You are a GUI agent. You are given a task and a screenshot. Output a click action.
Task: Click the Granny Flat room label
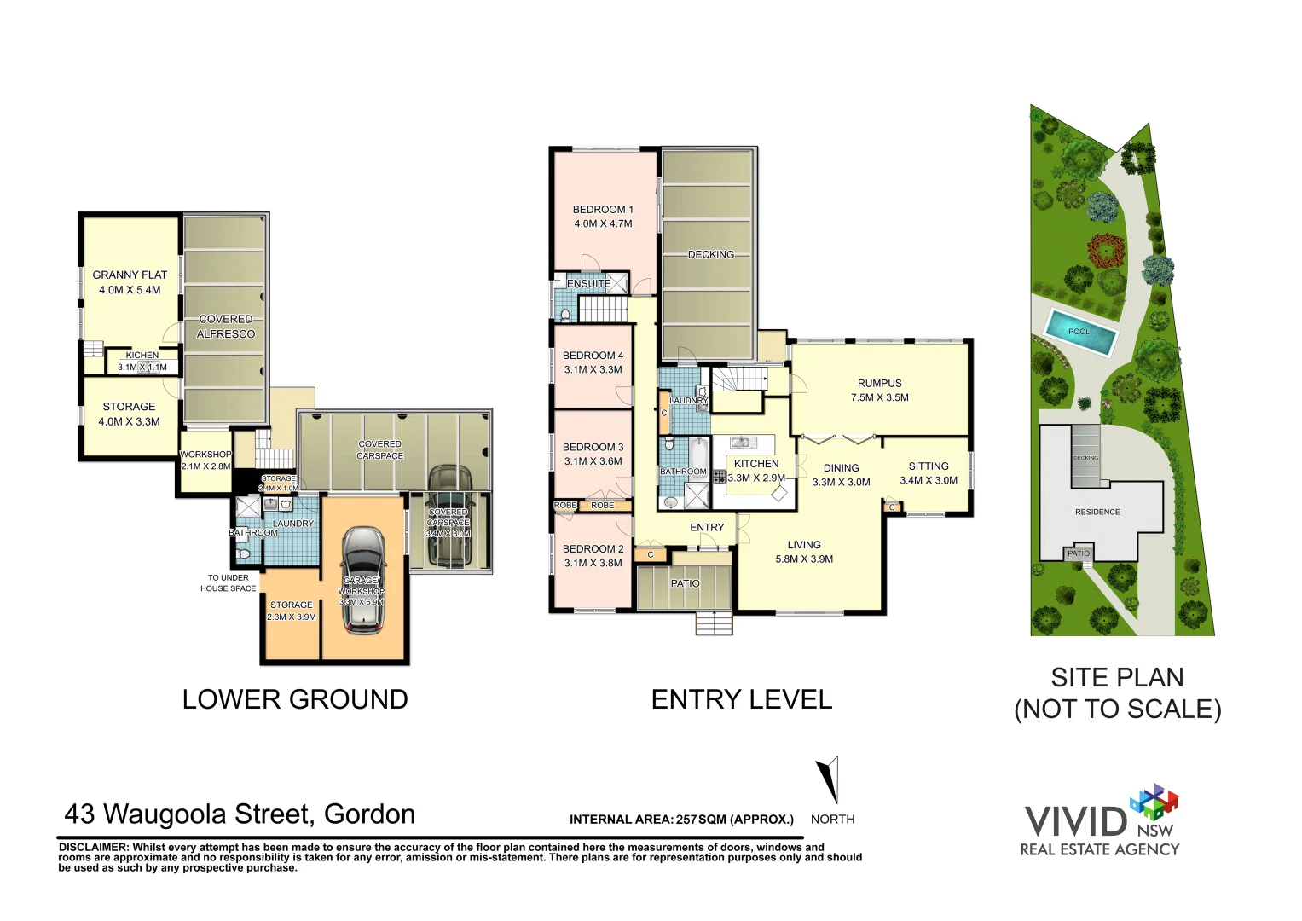(x=130, y=275)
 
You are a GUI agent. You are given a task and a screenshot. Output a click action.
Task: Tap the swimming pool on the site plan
(x=1079, y=332)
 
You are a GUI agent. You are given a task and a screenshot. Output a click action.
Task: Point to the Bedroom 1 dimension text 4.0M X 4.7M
(x=603, y=223)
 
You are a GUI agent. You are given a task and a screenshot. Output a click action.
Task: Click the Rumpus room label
(x=879, y=383)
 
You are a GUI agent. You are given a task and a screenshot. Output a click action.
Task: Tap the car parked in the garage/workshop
(x=362, y=580)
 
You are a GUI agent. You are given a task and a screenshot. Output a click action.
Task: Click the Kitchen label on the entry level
(x=756, y=463)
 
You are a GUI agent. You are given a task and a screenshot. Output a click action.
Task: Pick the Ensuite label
(x=588, y=283)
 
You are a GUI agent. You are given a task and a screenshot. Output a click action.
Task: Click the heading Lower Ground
(x=295, y=699)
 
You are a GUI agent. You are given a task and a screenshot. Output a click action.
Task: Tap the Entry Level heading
(x=741, y=699)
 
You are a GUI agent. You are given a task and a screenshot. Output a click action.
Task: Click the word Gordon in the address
(x=369, y=814)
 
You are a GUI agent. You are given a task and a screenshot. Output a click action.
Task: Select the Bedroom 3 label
(x=593, y=447)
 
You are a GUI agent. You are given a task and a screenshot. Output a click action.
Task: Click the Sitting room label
(x=929, y=466)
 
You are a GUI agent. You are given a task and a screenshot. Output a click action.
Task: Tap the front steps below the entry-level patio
(x=714, y=623)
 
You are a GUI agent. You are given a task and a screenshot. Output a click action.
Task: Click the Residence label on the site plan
(x=1097, y=512)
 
